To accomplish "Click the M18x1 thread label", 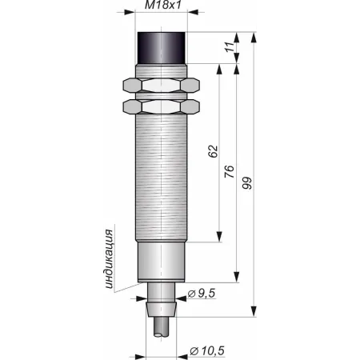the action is point(163,5).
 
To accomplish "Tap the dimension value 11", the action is point(230,47).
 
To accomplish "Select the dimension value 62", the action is point(213,151).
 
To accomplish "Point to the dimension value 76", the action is point(229,171).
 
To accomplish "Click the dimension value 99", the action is point(247,182).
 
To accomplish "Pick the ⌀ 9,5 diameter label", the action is point(202,294).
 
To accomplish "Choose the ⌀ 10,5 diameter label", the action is point(207,351).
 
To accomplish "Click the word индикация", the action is point(109,258).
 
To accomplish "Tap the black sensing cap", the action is point(162,48).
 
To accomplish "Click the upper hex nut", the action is point(162,86).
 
